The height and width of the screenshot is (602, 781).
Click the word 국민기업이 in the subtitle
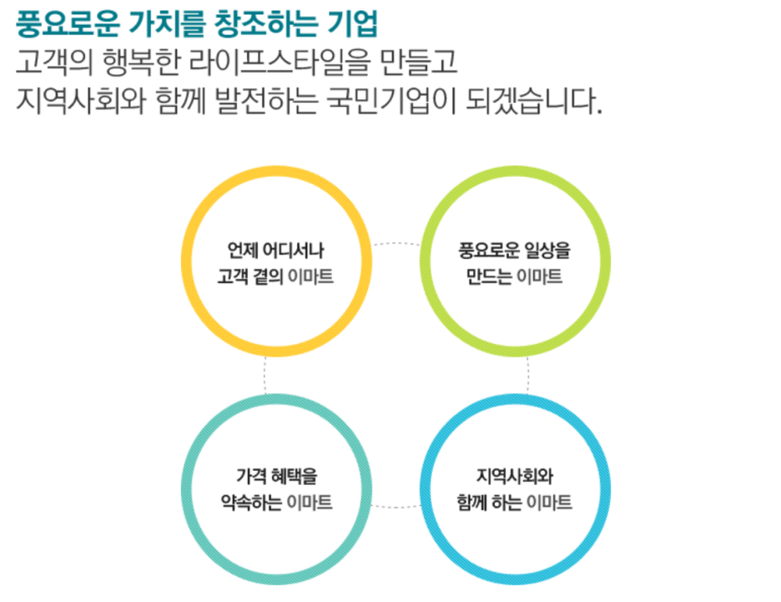(396, 104)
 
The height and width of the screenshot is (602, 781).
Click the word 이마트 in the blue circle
(550, 503)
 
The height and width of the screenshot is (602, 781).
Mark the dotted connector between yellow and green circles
(396, 244)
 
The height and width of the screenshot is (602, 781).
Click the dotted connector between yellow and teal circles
(265, 377)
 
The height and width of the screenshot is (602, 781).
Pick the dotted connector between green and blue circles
(527, 377)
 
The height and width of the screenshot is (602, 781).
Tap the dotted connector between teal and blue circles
(396, 506)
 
